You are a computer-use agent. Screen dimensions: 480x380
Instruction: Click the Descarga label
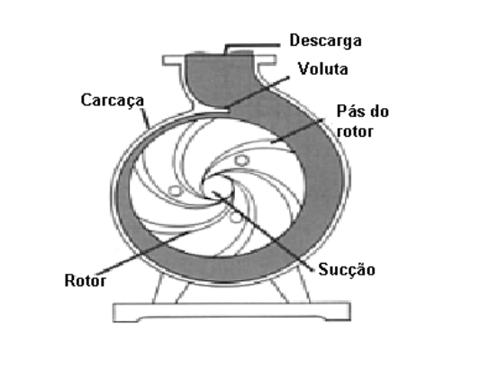[325, 41]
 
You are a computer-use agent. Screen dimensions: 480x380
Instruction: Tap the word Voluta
[323, 69]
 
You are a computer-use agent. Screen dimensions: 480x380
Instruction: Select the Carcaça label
[113, 101]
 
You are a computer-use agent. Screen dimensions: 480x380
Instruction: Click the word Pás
[349, 111]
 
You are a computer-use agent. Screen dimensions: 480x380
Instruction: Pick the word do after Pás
[380, 112]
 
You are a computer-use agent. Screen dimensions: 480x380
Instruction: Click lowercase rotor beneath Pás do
[355, 131]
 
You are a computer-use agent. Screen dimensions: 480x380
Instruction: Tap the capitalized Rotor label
[86, 281]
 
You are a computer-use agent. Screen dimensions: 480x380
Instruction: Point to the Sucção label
[347, 270]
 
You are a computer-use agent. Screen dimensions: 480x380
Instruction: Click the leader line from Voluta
[258, 92]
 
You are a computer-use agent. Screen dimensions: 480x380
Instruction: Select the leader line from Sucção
[263, 231]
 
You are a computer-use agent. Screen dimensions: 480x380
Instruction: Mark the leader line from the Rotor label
[142, 253]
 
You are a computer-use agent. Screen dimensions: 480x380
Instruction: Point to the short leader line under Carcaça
[145, 119]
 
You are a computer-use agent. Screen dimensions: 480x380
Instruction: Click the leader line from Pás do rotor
[297, 131]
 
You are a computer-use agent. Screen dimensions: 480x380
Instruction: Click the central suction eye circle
[217, 186]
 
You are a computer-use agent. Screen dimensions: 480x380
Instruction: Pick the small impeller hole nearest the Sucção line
[236, 217]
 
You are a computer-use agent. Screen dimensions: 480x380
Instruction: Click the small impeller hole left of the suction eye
[176, 191]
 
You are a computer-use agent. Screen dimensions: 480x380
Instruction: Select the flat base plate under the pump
[232, 312]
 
